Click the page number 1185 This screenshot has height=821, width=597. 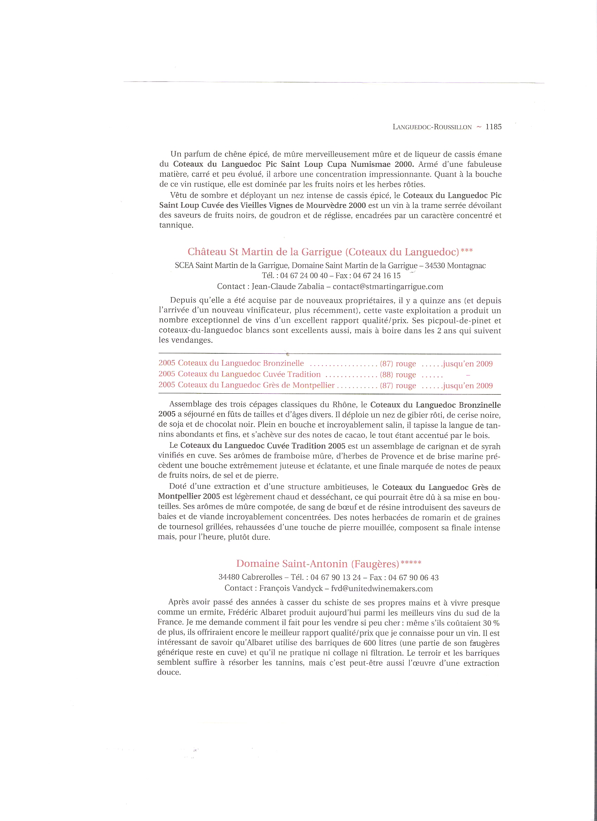(493, 127)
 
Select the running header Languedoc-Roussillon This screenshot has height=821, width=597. (432, 127)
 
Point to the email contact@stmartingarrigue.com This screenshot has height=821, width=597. (388, 287)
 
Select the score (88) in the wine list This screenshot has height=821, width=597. (386, 375)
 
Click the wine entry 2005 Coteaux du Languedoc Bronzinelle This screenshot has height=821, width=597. (231, 363)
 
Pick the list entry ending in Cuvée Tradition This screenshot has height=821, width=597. (239, 374)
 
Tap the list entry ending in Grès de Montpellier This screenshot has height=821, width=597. (246, 385)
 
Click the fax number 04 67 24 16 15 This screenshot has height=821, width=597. (376, 276)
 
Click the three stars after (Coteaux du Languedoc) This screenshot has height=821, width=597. (466, 250)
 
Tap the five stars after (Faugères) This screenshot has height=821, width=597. (411, 562)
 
